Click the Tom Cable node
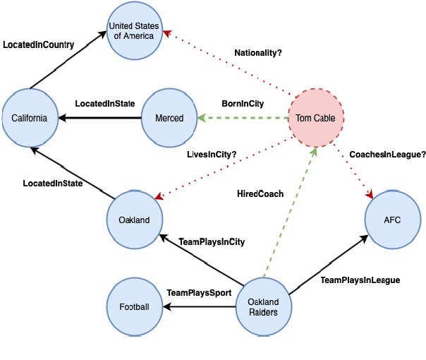click(316, 118)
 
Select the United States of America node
click(134, 31)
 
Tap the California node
click(30, 118)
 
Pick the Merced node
click(169, 118)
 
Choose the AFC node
click(392, 220)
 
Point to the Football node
click(134, 307)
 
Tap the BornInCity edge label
click(243, 104)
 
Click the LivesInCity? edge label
click(212, 154)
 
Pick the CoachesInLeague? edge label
click(387, 154)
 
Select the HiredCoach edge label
click(260, 193)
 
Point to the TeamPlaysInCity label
click(212, 242)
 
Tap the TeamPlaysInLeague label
click(360, 280)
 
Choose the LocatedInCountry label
click(39, 44)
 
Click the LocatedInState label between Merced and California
click(105, 104)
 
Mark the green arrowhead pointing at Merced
click(202, 118)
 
